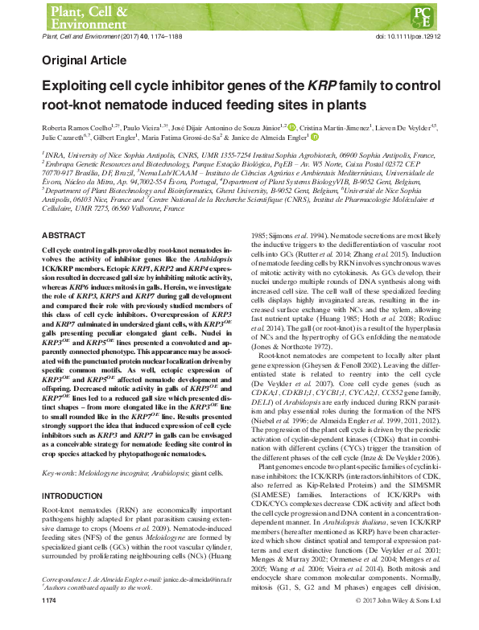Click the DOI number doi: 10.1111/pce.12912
[404, 38]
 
